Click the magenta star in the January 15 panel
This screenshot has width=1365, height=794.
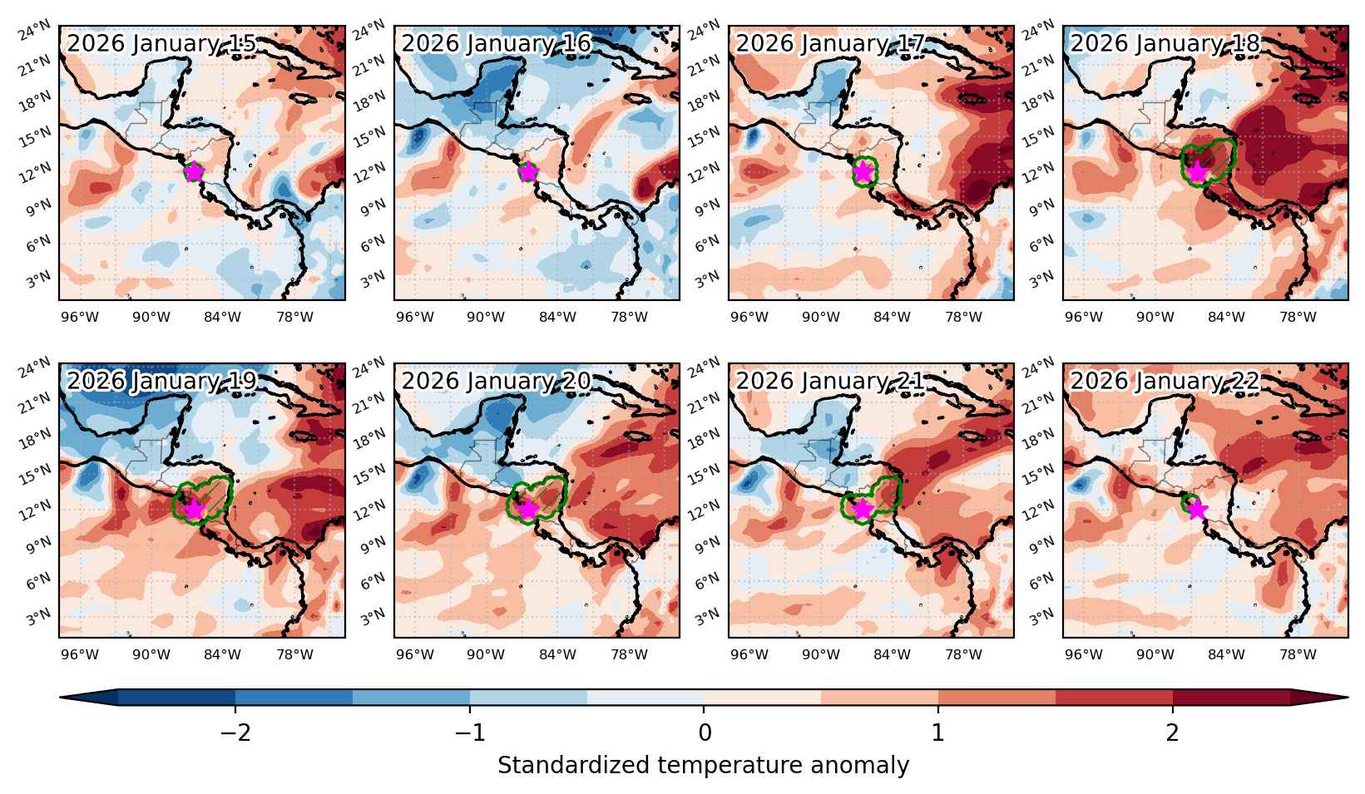tap(194, 172)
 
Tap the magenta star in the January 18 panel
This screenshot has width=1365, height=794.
tap(1198, 172)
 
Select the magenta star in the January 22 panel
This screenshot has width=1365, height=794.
tap(1198, 510)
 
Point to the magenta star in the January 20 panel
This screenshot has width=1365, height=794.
tap(528, 510)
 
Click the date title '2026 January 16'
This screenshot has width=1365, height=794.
tap(496, 43)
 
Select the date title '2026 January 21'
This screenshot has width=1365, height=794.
tap(831, 381)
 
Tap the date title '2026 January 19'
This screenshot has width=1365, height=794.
tap(161, 381)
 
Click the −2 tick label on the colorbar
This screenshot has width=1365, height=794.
tap(235, 732)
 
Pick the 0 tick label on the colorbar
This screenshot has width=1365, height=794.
tap(704, 732)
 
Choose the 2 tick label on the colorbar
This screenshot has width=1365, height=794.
tap(1173, 732)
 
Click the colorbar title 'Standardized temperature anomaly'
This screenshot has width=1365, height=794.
tap(703, 766)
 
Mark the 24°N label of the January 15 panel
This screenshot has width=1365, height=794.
tap(35, 30)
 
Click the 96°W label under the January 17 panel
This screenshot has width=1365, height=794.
tap(749, 318)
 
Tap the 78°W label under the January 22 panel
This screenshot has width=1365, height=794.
tap(1298, 654)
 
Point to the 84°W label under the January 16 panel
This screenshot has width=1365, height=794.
tap(557, 318)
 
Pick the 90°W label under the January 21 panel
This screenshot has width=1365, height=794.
tap(820, 654)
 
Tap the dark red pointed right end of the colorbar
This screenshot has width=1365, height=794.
tap(1319, 698)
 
